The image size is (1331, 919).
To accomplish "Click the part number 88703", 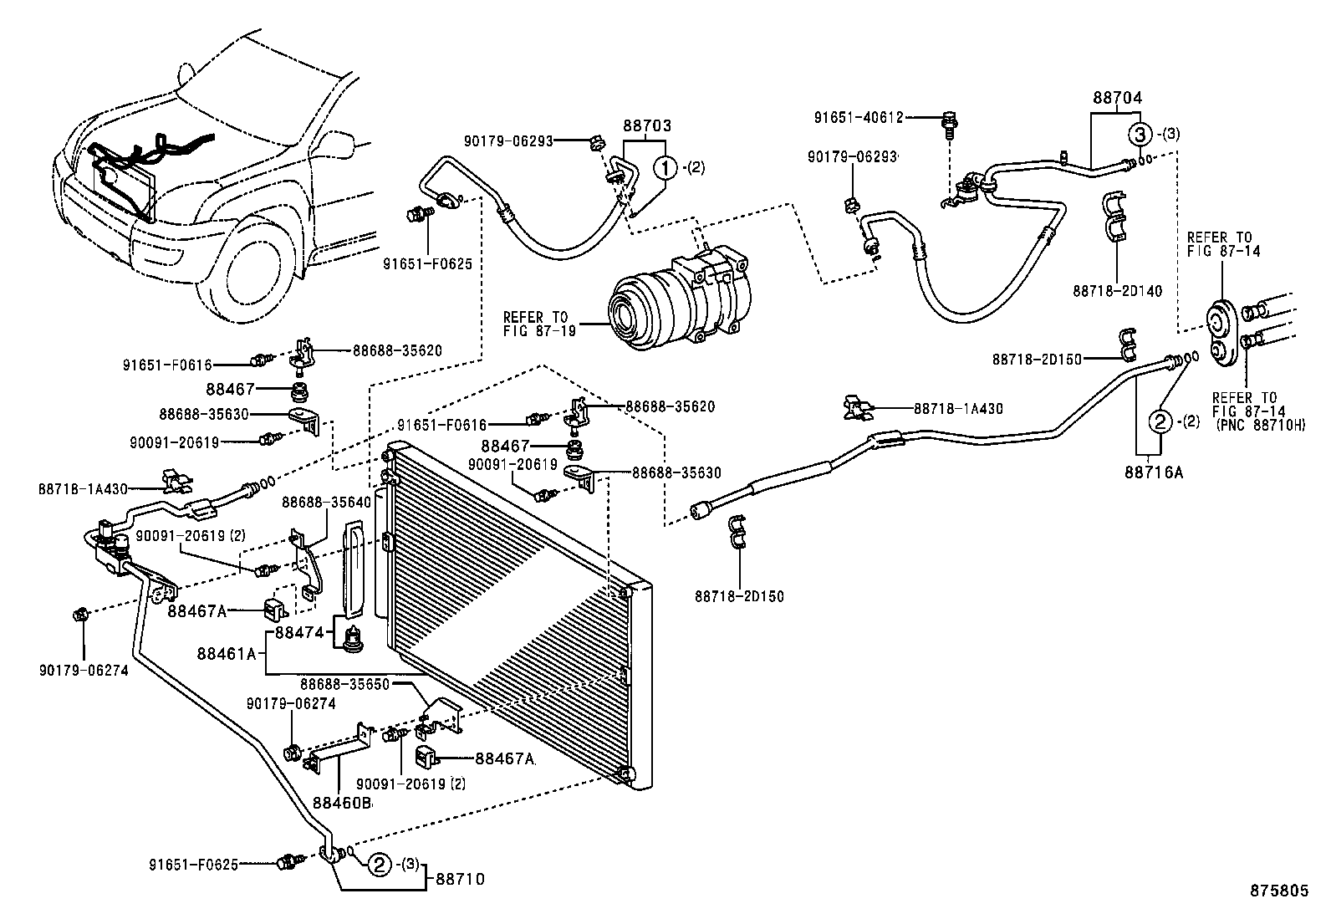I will point(646,127).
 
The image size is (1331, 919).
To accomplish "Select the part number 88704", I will point(1117,97).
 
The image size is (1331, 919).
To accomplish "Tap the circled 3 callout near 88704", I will point(1138,133).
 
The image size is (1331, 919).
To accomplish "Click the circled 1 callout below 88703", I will point(666,167).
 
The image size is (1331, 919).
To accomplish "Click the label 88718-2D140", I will point(1117,291).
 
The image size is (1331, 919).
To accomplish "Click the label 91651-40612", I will point(858,117).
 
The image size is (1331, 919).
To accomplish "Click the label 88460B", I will point(342,803).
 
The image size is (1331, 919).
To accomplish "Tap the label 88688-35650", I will point(345,683).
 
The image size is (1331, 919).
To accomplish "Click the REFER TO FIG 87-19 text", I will point(536,324).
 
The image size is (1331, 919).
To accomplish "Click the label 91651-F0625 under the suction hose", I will point(427,264).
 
